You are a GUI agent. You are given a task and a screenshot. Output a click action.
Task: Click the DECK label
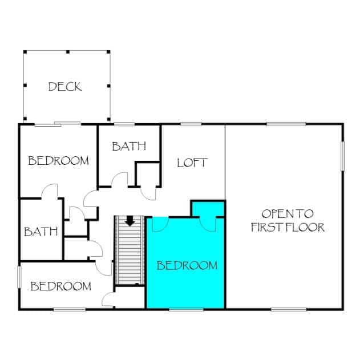point(65,87)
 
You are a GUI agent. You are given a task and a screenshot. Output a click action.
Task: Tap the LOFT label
point(192,163)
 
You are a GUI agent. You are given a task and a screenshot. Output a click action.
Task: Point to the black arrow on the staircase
point(130,221)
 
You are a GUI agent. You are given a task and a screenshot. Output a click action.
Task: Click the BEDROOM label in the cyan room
point(187,266)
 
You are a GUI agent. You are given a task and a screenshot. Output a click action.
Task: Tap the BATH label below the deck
point(129,146)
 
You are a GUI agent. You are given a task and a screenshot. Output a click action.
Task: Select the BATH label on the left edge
point(41,232)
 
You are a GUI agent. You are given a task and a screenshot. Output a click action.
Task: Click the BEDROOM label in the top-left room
point(58,161)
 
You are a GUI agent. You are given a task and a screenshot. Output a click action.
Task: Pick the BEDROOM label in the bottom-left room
point(61,286)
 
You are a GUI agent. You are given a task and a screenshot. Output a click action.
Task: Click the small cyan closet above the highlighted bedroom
point(208,209)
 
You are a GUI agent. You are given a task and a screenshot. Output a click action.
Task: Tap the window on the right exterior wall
point(342,156)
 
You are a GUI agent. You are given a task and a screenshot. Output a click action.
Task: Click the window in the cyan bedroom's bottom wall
point(186,309)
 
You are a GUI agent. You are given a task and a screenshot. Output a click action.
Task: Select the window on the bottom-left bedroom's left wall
point(19,277)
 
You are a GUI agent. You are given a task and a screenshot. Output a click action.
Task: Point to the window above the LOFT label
point(191,124)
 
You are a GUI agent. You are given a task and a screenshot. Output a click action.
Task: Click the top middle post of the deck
point(68,52)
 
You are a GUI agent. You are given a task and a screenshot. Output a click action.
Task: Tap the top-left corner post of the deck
point(25,52)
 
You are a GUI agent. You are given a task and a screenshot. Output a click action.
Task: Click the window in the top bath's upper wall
point(124,124)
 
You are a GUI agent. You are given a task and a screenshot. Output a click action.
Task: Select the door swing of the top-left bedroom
point(50,190)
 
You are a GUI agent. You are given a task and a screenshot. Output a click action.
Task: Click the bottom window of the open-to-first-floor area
point(289,309)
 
